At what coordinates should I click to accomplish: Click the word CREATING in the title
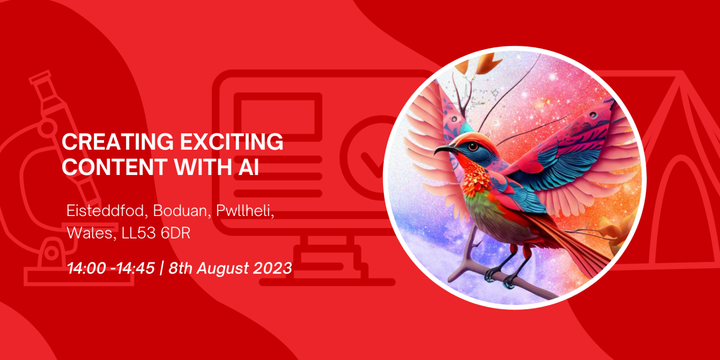[118, 142]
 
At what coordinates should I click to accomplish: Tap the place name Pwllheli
[245, 211]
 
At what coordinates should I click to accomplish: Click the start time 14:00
[87, 268]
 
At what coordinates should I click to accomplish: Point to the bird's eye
[473, 147]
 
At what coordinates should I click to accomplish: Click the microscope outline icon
[64, 177]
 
